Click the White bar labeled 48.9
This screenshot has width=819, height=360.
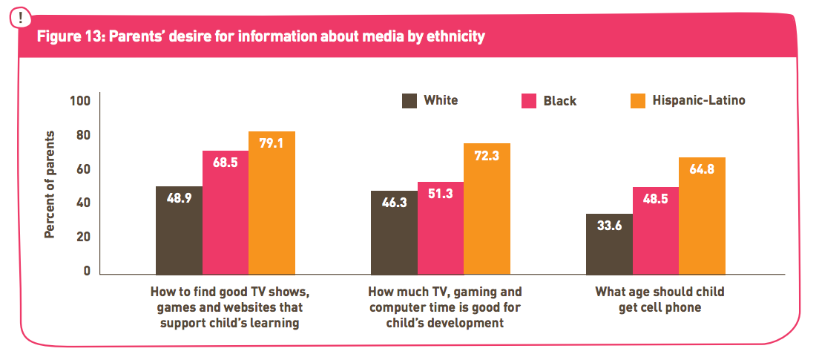click(179, 231)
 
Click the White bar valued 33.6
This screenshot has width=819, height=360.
click(609, 244)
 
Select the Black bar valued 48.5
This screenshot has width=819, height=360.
click(656, 231)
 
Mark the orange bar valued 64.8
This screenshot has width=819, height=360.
click(702, 216)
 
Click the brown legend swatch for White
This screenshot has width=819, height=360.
click(409, 101)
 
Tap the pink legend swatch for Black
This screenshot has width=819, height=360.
click(529, 101)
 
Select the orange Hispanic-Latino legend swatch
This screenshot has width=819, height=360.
click(637, 101)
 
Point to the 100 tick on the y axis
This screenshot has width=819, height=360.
click(79, 102)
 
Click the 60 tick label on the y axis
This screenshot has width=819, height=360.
click(82, 169)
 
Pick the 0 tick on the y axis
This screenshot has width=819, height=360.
click(86, 271)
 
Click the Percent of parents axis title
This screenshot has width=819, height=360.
click(50, 185)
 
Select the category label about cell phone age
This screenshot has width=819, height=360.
click(660, 299)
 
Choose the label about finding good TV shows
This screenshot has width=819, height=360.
click(225, 307)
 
